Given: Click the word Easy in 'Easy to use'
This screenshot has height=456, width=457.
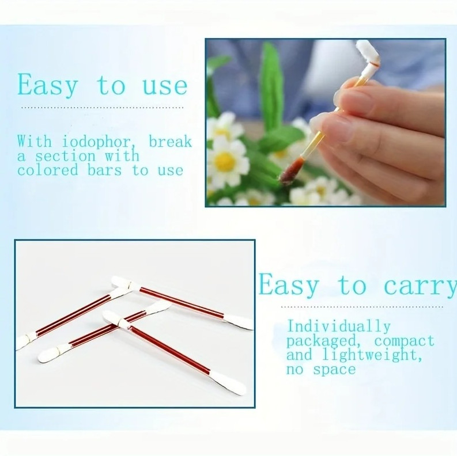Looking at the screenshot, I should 47,85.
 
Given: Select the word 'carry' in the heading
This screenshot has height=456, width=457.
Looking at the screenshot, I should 420,286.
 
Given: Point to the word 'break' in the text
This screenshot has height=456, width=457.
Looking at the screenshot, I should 171,142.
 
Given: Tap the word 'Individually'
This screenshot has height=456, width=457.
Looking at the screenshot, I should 339,326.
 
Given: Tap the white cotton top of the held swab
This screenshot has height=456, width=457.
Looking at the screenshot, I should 367,52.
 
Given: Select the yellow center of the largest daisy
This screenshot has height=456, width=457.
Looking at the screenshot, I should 225,161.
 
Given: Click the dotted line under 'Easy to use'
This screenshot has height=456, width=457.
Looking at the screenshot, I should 103,107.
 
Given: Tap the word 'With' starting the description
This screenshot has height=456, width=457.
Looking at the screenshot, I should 33,142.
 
